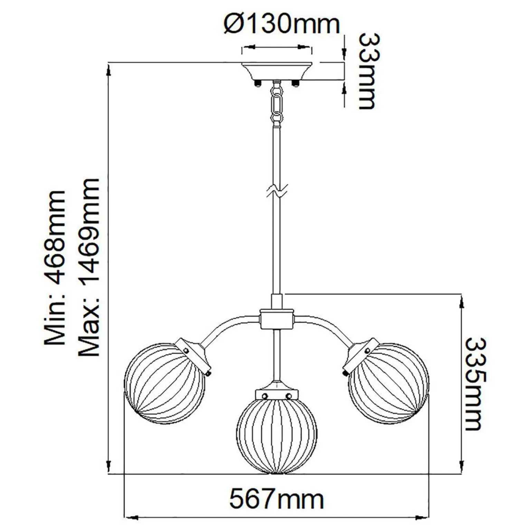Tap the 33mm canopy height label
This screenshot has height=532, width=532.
(367, 72)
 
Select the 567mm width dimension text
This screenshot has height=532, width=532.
(276, 499)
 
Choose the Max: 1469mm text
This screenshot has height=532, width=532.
(89, 268)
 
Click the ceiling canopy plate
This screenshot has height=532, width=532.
(277, 71)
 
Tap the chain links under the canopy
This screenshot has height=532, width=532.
(277, 104)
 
